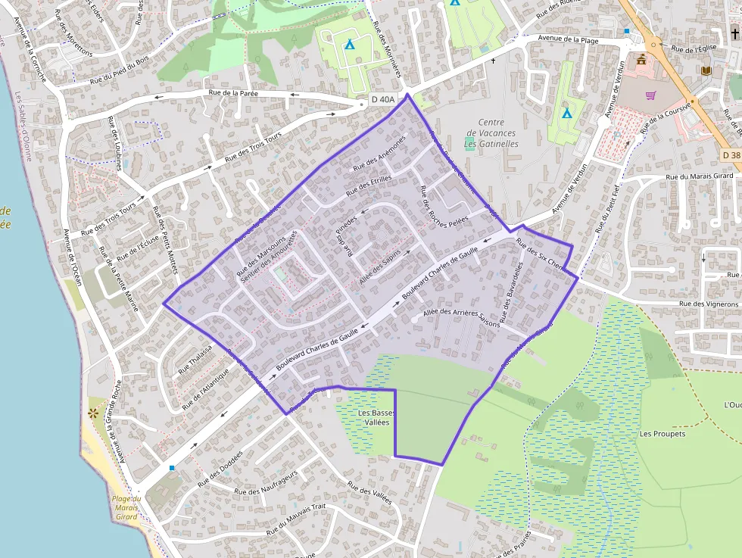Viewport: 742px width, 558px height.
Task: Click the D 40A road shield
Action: click(x=383, y=99)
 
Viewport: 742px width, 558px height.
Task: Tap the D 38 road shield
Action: click(x=730, y=155)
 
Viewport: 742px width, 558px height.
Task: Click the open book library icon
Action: click(x=706, y=70)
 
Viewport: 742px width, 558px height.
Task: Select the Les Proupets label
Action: click(x=662, y=434)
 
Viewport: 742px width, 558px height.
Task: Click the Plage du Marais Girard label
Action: click(x=126, y=507)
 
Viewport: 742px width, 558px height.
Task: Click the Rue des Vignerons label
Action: click(x=709, y=304)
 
